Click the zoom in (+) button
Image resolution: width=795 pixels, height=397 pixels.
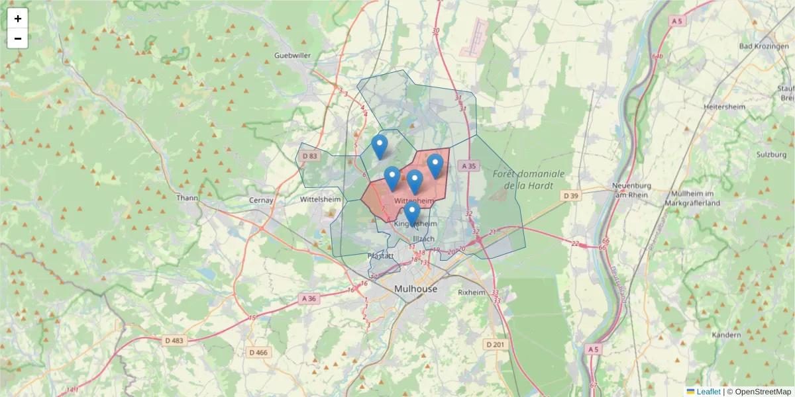(18, 19)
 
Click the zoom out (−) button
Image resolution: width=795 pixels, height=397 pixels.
(18, 38)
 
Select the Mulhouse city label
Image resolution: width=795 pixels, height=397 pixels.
(415, 289)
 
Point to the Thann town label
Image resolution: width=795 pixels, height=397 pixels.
(188, 197)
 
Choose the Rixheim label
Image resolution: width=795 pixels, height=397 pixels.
(472, 292)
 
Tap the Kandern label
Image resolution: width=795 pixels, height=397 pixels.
(726, 335)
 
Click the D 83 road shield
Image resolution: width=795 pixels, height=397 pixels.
(309, 156)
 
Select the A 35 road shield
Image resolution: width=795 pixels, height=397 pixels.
(468, 166)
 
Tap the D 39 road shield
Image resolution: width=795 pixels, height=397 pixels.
(571, 195)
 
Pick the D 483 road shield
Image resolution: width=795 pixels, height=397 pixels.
(175, 340)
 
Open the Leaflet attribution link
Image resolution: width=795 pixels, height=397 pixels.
(708, 392)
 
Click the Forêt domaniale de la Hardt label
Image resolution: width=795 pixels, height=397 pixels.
(529, 179)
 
